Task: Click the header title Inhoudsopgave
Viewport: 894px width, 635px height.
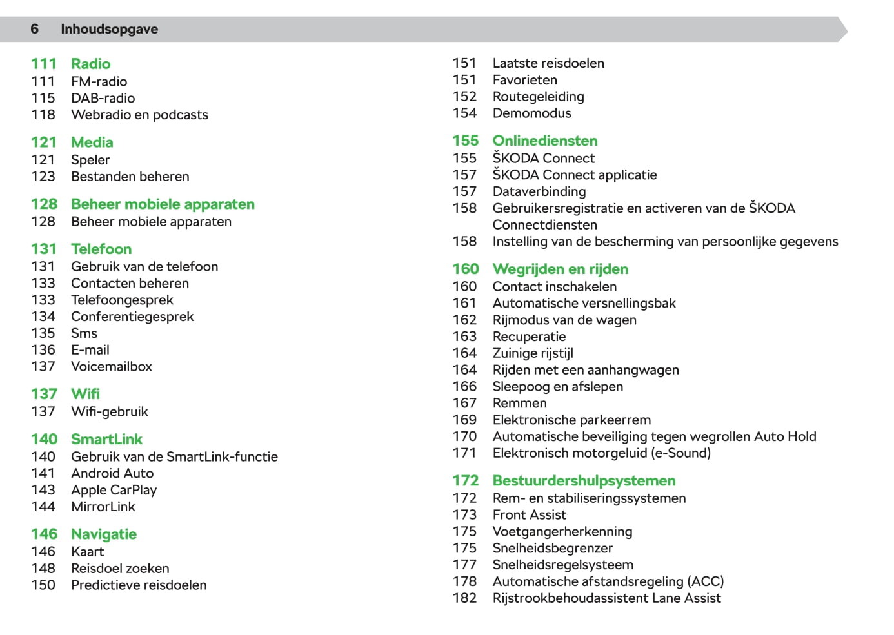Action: click(109, 29)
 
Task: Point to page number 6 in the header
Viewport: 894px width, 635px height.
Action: click(34, 29)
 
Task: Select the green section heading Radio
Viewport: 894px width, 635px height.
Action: click(90, 64)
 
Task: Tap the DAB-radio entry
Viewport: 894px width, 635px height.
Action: click(103, 98)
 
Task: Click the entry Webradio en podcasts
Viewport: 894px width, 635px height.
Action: click(139, 115)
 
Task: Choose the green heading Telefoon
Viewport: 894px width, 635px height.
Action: click(101, 249)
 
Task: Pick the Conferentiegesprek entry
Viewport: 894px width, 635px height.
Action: click(132, 317)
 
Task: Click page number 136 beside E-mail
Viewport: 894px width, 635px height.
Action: click(43, 350)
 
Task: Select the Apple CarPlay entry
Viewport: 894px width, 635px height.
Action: click(114, 490)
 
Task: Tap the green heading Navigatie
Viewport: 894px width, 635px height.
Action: click(104, 534)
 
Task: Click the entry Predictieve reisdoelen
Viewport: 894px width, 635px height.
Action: click(139, 585)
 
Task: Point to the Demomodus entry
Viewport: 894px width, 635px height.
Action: click(531, 113)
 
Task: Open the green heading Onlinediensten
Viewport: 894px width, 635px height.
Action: click(544, 141)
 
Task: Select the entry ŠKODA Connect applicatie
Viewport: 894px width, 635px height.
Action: click(574, 175)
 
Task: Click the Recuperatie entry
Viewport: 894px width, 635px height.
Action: click(529, 337)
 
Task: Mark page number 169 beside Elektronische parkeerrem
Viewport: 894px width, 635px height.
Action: click(464, 420)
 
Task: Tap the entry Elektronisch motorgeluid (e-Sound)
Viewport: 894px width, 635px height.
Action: click(601, 453)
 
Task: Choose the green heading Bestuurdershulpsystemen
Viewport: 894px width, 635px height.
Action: click(584, 481)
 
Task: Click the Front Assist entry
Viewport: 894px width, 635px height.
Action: click(529, 515)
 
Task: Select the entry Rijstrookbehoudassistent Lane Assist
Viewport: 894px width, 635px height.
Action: click(606, 598)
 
